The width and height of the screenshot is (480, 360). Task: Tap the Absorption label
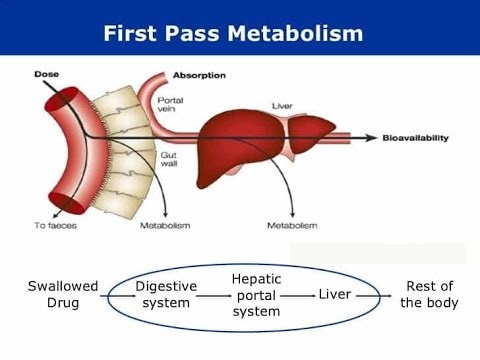coord(199,75)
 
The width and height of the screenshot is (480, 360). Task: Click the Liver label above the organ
coord(282,105)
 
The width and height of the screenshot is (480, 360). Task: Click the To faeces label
coord(51,225)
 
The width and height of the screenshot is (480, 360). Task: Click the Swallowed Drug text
coord(63,294)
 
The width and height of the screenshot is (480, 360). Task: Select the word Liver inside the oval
coord(335,294)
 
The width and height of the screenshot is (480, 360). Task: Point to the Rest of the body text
coord(429,294)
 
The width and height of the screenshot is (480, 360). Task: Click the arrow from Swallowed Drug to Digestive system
coord(117,295)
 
